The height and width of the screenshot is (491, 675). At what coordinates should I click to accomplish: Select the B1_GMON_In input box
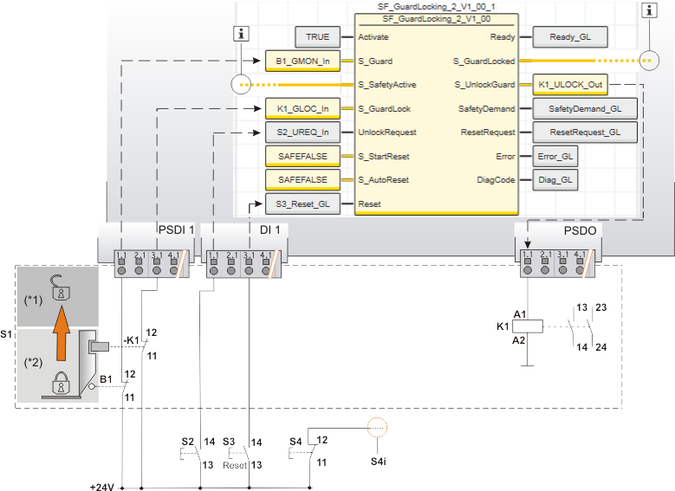(298, 61)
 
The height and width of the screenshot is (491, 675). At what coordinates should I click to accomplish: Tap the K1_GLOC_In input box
(298, 109)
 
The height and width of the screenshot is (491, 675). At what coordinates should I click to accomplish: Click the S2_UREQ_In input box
(298, 132)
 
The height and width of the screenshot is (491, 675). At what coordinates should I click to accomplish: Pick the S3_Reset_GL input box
(298, 204)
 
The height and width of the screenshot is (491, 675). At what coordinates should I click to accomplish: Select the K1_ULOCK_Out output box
(569, 85)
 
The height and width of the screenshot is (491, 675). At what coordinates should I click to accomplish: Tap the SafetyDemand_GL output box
(584, 109)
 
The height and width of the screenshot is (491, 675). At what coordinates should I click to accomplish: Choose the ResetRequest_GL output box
(584, 132)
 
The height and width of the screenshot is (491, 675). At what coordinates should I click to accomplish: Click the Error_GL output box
(554, 157)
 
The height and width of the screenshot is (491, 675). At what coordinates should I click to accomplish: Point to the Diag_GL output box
(554, 180)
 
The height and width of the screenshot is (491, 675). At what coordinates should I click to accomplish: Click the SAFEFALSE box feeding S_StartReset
(298, 157)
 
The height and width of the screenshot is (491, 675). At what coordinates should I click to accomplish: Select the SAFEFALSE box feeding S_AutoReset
(298, 180)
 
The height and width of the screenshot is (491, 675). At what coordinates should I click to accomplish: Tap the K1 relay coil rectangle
(528, 326)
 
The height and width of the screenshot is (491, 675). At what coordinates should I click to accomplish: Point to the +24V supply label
(102, 486)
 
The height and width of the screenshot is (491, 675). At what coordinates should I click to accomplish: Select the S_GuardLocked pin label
(484, 61)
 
